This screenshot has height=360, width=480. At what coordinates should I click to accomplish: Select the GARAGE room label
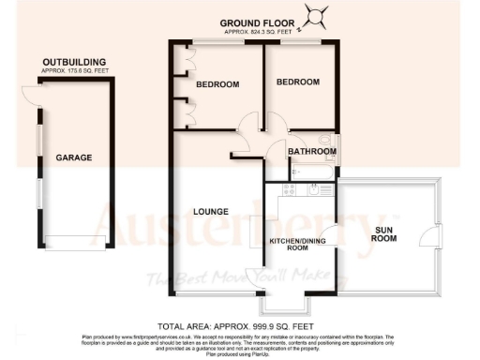click(x=73, y=157)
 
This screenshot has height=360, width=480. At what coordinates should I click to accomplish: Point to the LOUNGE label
click(x=212, y=211)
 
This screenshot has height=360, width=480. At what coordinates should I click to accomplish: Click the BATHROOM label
click(x=312, y=151)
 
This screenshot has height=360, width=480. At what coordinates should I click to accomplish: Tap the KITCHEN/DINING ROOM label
click(x=295, y=245)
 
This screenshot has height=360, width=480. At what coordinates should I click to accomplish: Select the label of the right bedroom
click(x=297, y=82)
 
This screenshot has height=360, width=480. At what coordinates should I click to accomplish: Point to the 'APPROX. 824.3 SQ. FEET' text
click(x=259, y=32)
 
